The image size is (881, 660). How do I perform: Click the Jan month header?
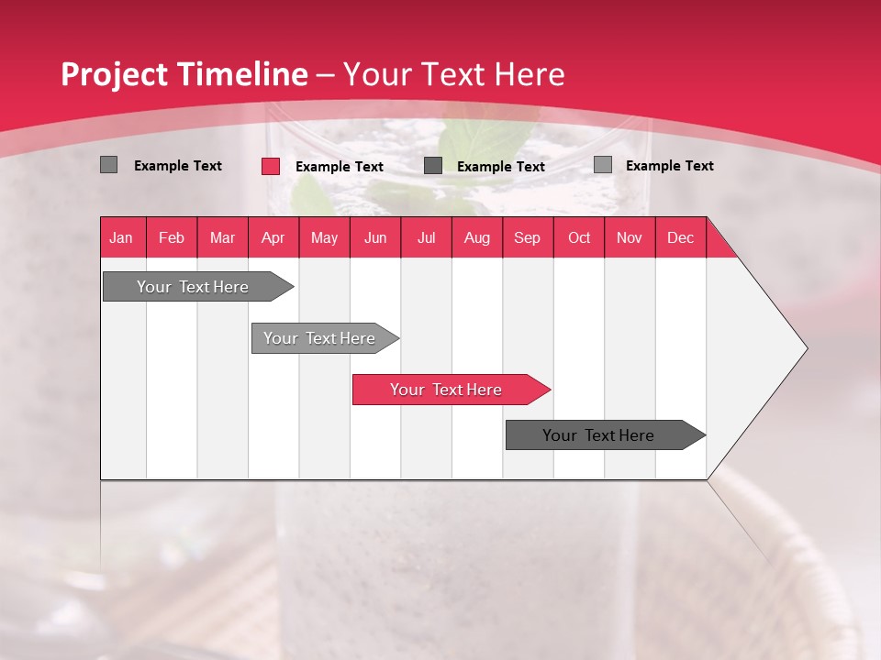tap(121, 238)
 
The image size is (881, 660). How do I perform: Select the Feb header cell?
tap(172, 238)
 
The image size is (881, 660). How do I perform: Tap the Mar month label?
tap(222, 238)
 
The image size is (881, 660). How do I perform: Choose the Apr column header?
tap(273, 238)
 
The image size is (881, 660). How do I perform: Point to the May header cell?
tap(324, 238)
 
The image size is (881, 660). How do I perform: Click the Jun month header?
tap(375, 238)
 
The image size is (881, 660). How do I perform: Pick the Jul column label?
tap(426, 238)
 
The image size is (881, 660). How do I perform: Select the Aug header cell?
tap(477, 238)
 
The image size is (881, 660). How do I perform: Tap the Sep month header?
tap(528, 238)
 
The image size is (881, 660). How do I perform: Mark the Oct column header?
tap(579, 238)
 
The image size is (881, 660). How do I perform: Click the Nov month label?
tap(630, 238)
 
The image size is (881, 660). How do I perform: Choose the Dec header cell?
tap(681, 238)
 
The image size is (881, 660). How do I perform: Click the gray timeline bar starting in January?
tap(194, 287)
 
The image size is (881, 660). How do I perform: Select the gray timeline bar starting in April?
tap(320, 338)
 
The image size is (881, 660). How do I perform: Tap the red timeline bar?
tap(447, 390)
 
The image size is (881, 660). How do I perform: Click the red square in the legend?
tap(271, 166)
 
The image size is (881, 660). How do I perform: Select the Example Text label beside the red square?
tap(340, 167)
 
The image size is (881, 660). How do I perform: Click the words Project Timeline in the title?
tap(184, 74)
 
